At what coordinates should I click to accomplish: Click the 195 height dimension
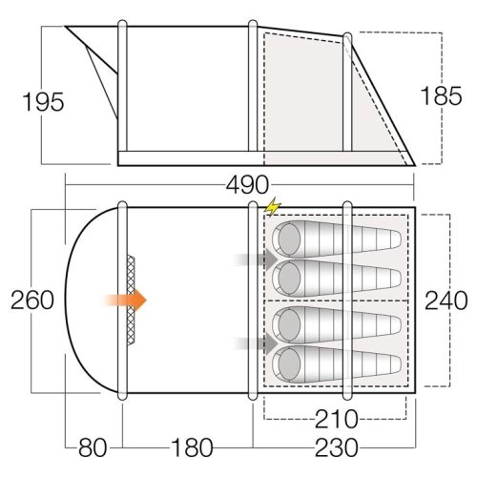(43, 102)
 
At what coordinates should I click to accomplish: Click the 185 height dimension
(441, 95)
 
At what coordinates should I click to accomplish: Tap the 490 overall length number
(247, 184)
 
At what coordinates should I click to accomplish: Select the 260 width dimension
(32, 301)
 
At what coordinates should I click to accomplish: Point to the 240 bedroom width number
(446, 301)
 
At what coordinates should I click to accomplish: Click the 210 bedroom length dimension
(336, 419)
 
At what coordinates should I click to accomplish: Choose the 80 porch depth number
(93, 447)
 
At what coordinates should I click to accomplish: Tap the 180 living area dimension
(192, 447)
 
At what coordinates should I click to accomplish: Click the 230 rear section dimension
(336, 447)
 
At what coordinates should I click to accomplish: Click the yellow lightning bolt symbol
(273, 207)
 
